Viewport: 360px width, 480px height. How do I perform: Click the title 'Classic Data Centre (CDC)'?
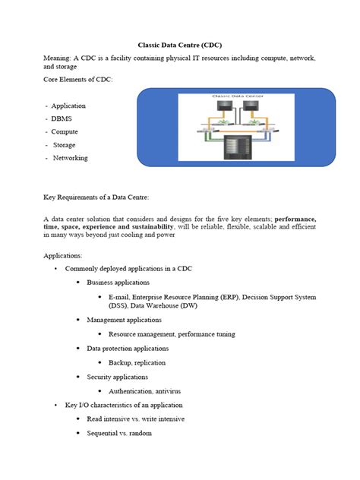[x=180, y=45]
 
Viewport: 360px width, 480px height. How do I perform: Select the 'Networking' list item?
[x=70, y=158]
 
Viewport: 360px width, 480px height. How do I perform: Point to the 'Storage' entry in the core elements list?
[x=65, y=144]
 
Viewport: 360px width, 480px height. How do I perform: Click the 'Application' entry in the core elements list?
[x=68, y=106]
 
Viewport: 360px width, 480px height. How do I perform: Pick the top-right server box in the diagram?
[x=251, y=109]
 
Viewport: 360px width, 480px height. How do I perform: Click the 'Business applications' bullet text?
[x=118, y=283]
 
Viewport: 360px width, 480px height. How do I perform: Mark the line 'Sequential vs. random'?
[x=119, y=433]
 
